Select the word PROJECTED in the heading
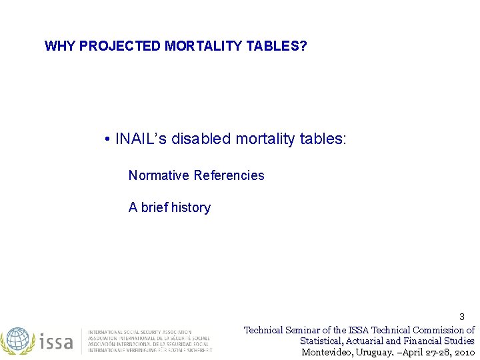(x=120, y=46)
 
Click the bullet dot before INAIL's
(x=107, y=139)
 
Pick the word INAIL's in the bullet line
(x=141, y=139)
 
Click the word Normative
(x=159, y=175)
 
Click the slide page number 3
(x=461, y=317)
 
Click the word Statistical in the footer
(x=323, y=341)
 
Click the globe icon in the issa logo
(x=17, y=341)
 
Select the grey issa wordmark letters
(x=56, y=342)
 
